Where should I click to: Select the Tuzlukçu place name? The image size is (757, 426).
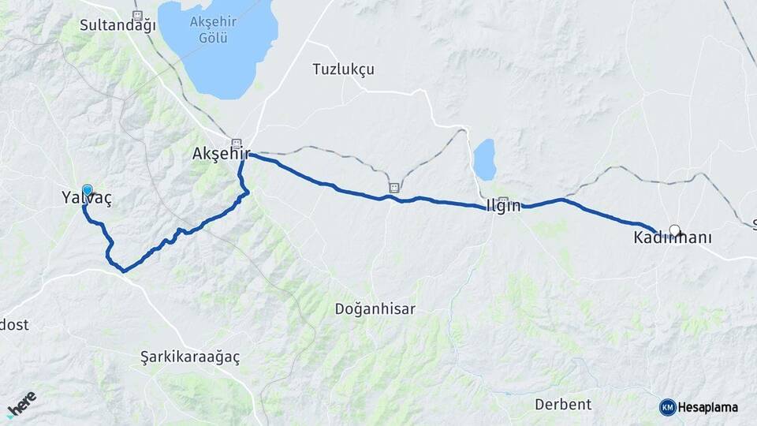343,69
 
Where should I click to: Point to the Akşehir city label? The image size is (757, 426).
221,155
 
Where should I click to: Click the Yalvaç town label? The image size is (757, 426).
87,200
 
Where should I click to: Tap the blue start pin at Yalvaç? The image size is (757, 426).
87,190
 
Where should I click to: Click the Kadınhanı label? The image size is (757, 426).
673,238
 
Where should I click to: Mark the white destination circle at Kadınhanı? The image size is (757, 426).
674,230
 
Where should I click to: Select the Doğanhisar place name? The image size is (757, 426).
375,309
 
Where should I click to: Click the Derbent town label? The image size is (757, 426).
563,405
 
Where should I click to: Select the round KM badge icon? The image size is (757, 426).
668,407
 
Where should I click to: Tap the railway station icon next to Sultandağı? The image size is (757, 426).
138,16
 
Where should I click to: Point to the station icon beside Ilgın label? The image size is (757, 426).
503,201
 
